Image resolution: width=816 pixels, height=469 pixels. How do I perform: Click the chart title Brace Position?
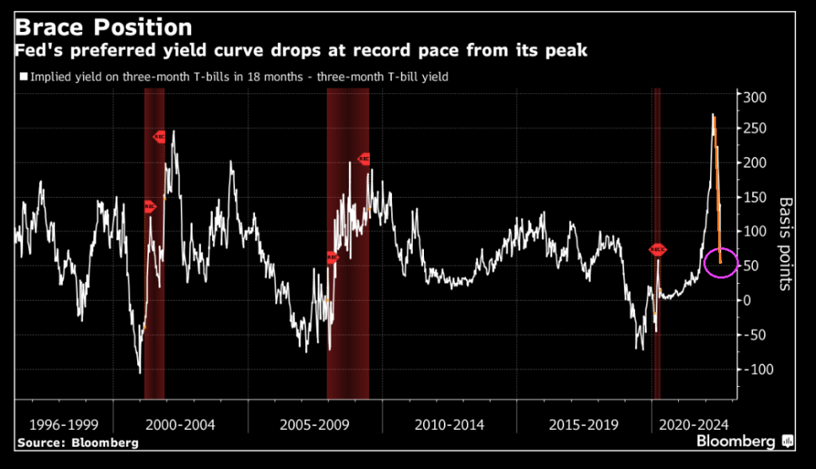(104, 26)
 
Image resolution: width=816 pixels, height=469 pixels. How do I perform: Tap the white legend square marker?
(22, 77)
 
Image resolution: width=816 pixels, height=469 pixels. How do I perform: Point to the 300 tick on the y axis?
(754, 97)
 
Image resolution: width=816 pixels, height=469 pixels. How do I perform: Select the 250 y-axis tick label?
(754, 129)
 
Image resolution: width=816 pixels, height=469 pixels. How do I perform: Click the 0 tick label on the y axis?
(747, 300)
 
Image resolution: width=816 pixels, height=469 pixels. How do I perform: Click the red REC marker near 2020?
(657, 250)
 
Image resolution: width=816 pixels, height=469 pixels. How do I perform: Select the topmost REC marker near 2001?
(159, 136)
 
